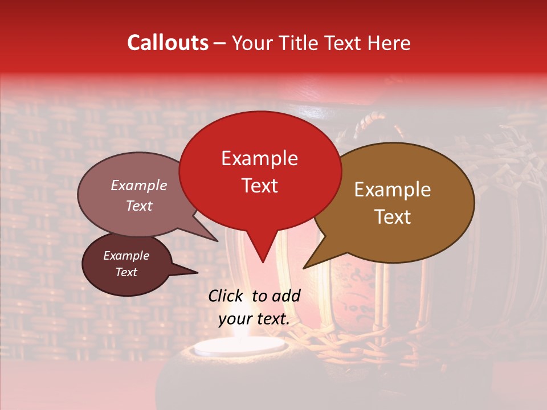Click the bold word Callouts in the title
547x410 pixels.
tap(168, 43)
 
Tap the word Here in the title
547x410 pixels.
tap(389, 43)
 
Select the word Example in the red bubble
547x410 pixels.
tap(259, 158)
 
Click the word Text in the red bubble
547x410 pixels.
tap(259, 186)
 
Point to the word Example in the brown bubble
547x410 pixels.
tap(393, 190)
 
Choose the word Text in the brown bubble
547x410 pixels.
tap(393, 217)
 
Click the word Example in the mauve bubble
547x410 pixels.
tap(138, 186)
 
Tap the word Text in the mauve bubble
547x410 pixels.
tap(138, 206)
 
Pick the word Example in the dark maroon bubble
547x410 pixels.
tap(126, 256)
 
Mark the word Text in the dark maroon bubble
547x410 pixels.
tap(126, 272)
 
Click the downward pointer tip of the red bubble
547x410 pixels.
tap(262, 262)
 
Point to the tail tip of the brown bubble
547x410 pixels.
tap(304, 268)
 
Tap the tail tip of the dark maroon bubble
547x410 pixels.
tap(197, 273)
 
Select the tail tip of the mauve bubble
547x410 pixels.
tap(217, 241)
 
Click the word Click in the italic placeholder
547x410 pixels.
tap(227, 296)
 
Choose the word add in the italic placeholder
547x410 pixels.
tap(287, 296)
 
